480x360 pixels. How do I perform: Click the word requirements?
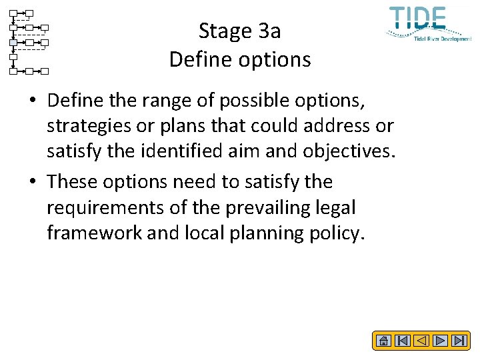pos(105,208)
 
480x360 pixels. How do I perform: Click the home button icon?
pos(383,341)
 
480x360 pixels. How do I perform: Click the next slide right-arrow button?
pos(440,341)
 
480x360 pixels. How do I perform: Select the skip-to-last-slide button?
pos(459,341)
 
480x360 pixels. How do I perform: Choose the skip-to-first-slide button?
pos(402,341)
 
